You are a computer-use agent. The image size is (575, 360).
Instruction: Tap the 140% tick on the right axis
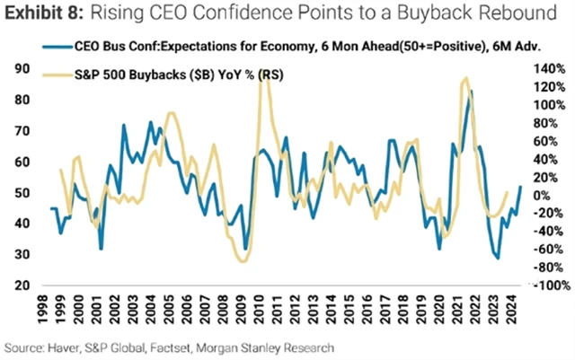click(548, 69)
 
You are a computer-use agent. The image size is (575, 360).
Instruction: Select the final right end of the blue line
click(521, 187)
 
